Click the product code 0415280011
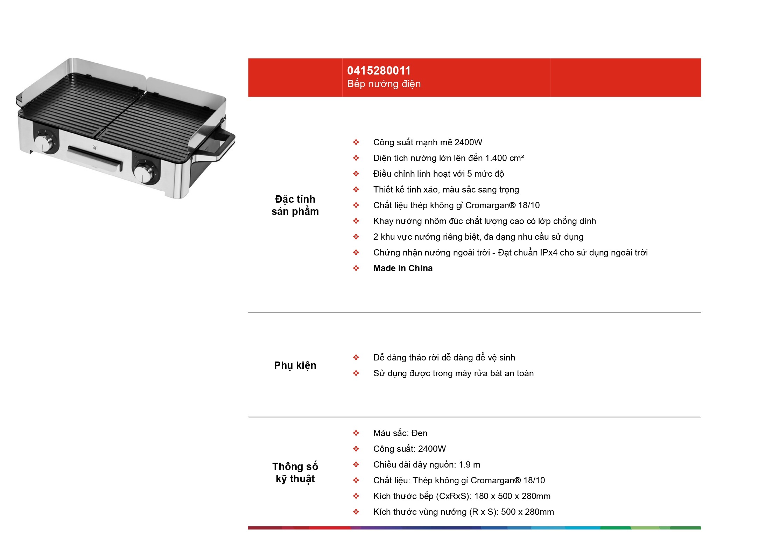coord(379,71)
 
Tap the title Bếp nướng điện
coord(384,84)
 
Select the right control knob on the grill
coord(143,173)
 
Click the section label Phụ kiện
coord(295,366)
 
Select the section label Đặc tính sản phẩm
coord(295,205)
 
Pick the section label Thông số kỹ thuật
coord(295,472)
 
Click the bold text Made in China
coord(403,268)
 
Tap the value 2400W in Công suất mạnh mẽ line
coord(468,142)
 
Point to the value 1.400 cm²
coord(504,158)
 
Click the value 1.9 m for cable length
coord(469,465)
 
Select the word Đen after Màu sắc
coord(419,433)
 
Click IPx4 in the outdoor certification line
coord(548,253)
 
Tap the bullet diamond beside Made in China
coord(356,268)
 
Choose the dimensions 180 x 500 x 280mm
coord(512,496)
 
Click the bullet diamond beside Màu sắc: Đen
coord(356,433)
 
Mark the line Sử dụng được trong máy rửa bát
coord(454,373)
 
